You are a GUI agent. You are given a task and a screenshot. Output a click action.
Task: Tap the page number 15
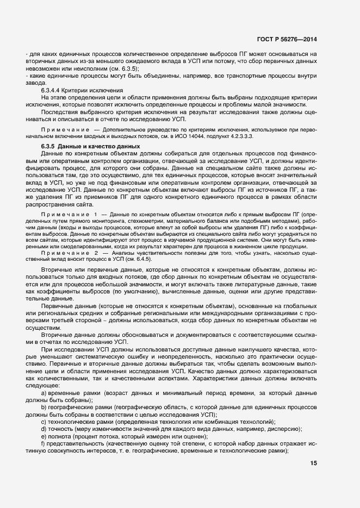pos(314,463)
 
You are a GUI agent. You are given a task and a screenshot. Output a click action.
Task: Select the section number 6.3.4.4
pos(53,90)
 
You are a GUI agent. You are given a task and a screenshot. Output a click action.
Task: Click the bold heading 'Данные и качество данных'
pos(103,147)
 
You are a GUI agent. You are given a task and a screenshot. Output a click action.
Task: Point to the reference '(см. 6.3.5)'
pos(125,69)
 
